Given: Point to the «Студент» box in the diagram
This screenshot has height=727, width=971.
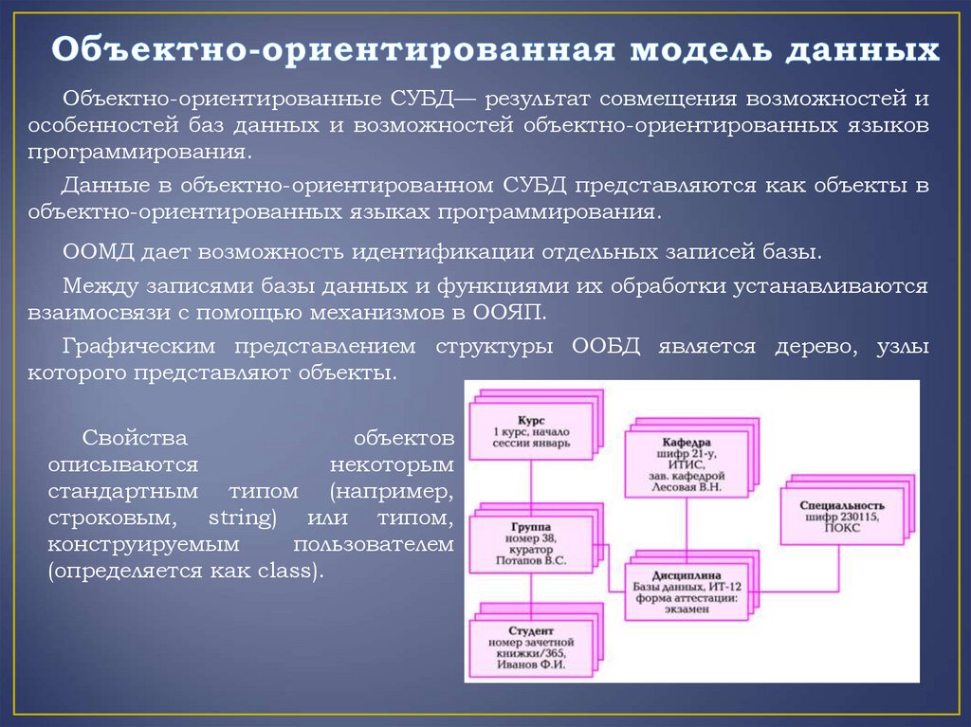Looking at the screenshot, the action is coord(530,645).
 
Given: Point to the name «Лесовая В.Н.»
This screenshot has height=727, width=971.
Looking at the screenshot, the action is coord(688,487).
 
